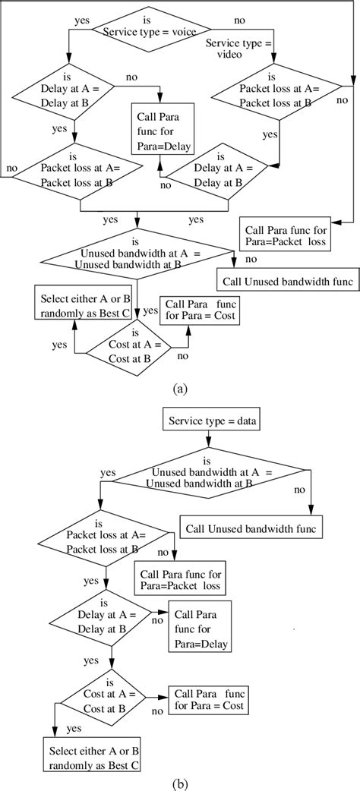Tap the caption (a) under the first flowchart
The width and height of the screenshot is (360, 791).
(180, 388)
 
